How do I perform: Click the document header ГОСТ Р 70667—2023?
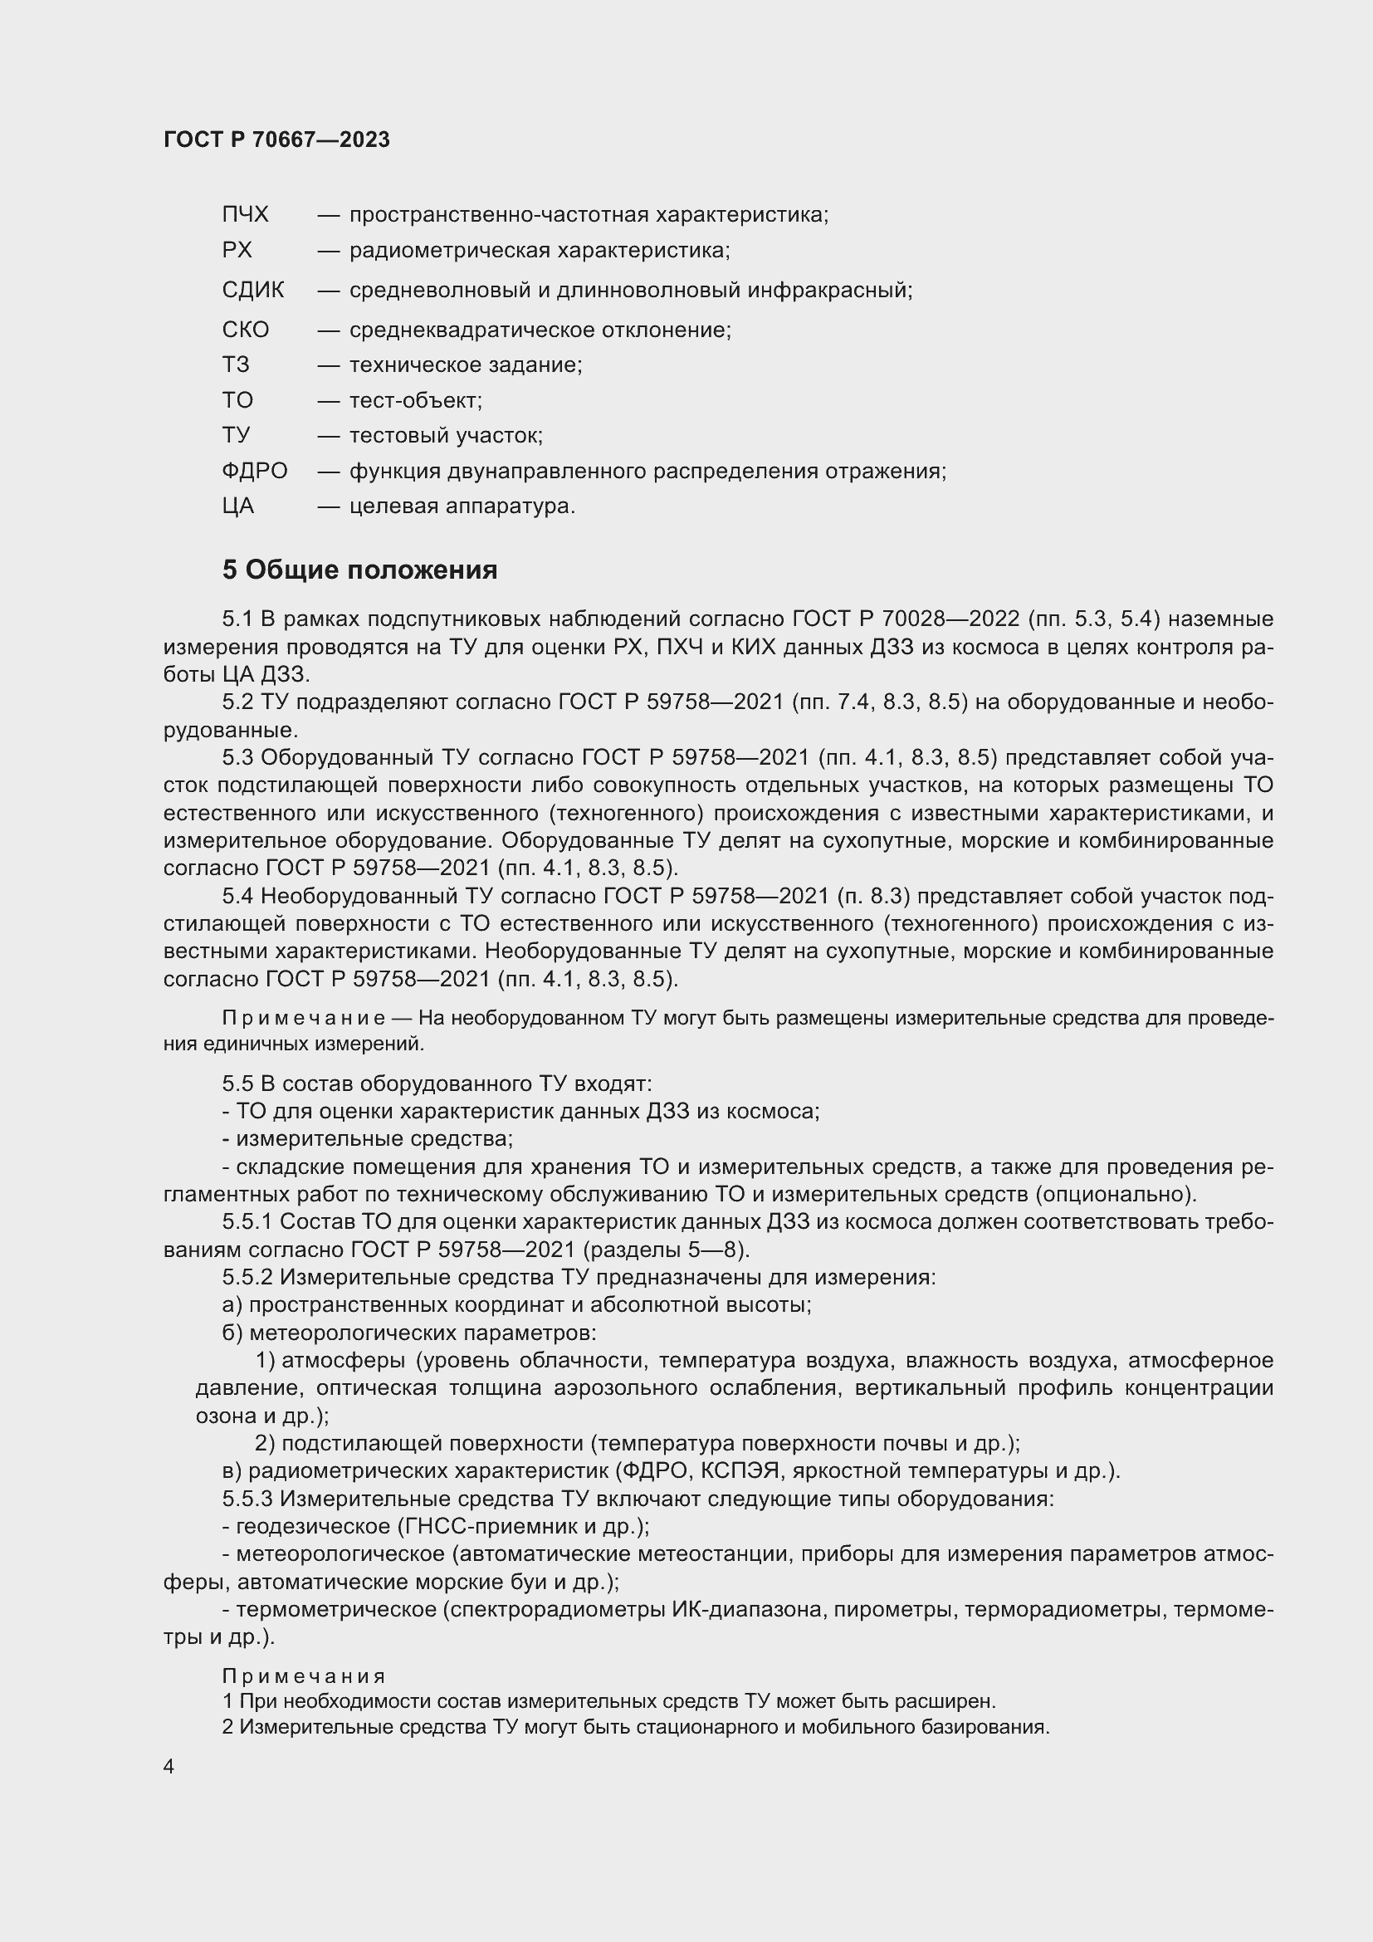tap(276, 139)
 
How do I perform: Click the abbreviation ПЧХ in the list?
tap(245, 215)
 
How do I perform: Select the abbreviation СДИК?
tap(253, 290)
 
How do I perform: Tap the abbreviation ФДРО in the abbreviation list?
tap(255, 470)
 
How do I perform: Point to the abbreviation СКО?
tap(245, 330)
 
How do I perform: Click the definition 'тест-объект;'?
tap(416, 400)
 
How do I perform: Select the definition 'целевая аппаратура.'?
tap(462, 506)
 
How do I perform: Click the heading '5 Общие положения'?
tap(359, 570)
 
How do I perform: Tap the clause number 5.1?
tap(237, 619)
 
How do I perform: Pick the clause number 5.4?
tap(237, 896)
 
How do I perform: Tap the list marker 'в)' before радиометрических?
tap(232, 1471)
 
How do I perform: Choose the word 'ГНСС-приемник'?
tap(478, 1527)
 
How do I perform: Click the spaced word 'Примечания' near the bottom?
tap(304, 1676)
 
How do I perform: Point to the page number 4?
tap(169, 1767)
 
